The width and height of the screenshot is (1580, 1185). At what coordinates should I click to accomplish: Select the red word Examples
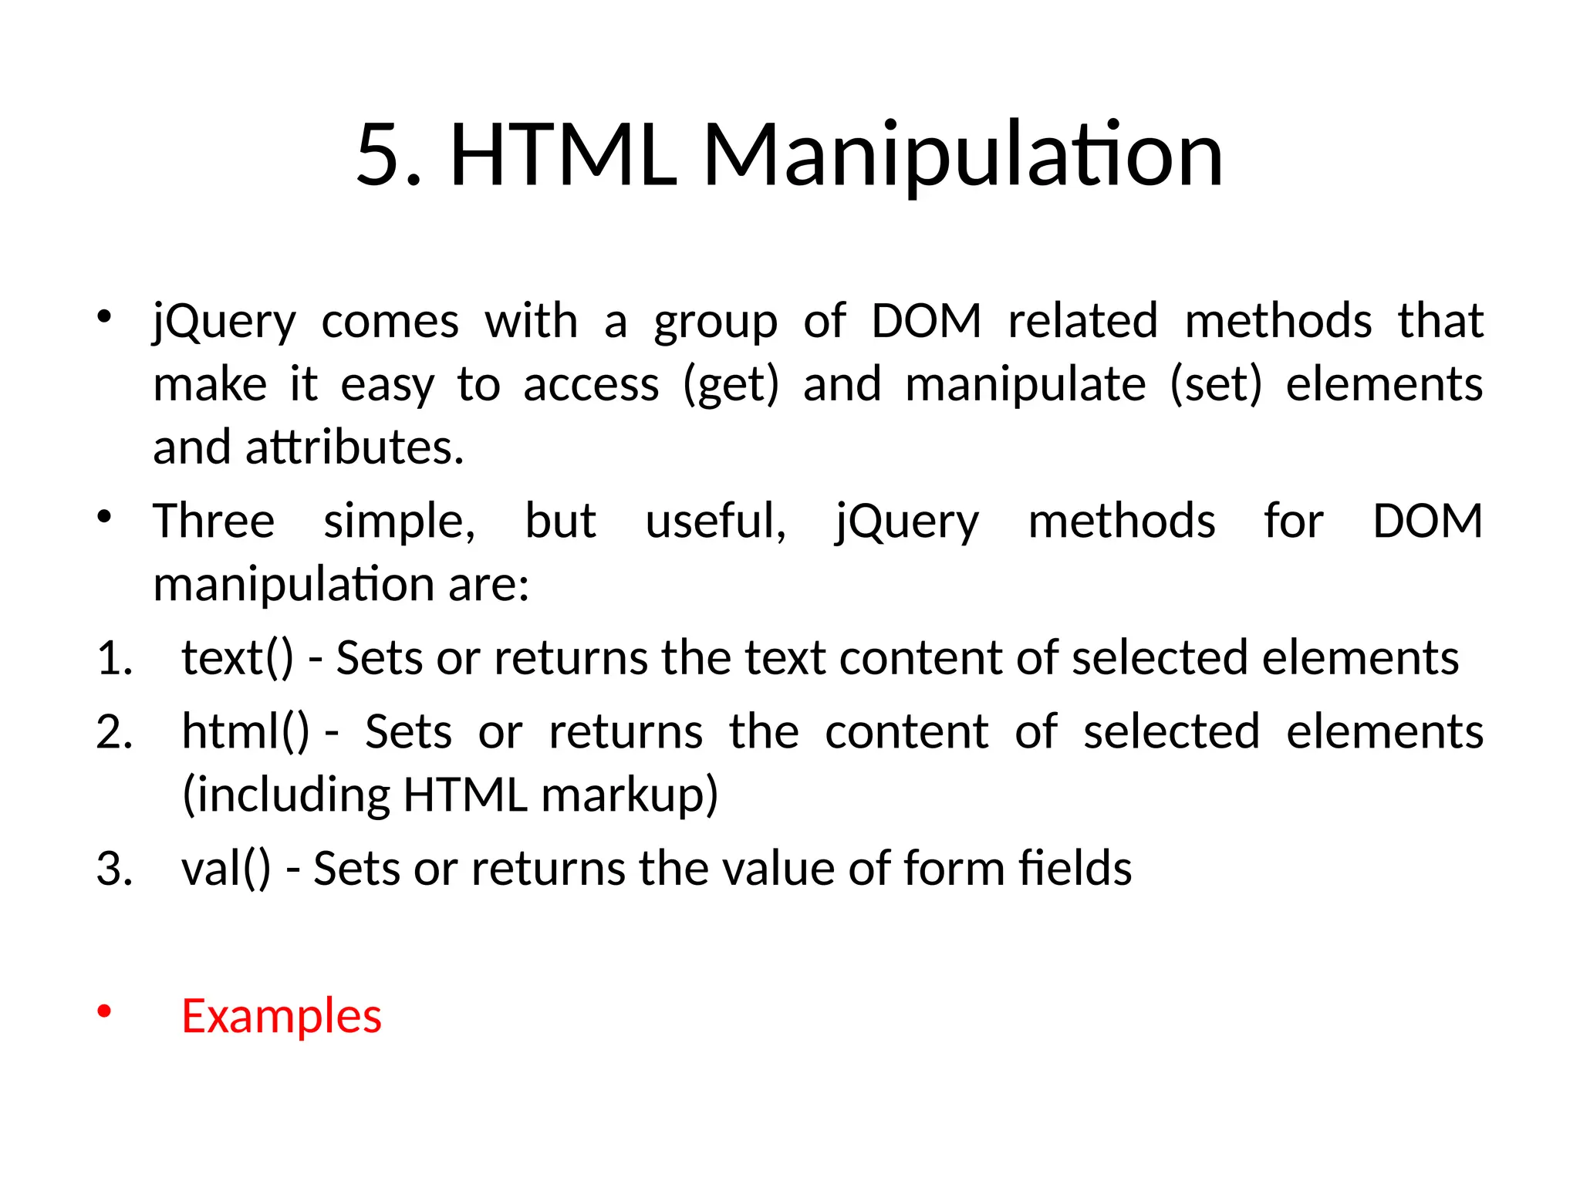coord(282,1016)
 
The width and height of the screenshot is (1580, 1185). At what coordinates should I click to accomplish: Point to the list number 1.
coord(114,659)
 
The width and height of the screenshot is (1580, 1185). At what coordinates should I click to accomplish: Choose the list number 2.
coord(114,732)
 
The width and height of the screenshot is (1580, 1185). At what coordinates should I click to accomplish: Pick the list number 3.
coord(114,869)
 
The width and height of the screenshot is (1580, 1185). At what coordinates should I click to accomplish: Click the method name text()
coord(238,659)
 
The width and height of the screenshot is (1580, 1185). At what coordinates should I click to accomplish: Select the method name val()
coord(226,869)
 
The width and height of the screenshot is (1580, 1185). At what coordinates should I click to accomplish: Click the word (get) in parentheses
coord(731,385)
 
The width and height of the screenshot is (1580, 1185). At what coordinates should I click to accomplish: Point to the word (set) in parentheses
coord(1216,385)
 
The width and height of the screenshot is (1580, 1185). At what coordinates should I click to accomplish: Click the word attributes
coord(354,447)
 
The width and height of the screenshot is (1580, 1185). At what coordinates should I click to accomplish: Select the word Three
coord(214,521)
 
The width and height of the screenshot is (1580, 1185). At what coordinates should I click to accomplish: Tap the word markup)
coord(630,795)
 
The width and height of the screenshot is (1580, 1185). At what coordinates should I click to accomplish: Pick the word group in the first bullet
coord(715,322)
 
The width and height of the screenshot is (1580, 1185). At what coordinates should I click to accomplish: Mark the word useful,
coord(715,521)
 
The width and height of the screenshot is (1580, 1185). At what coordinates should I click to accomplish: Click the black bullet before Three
coord(105,516)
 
